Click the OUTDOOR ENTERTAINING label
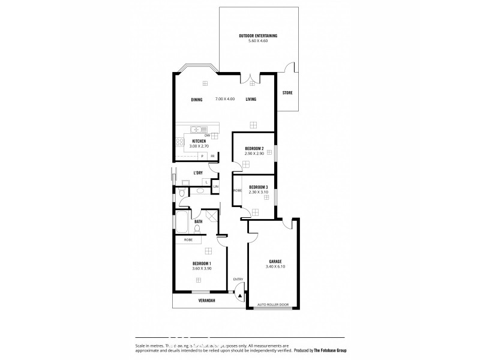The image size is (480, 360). tap(257, 36)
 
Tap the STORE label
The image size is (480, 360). tap(287, 93)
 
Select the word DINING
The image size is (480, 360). tap(196, 100)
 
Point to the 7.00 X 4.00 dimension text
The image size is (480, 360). tap(225, 99)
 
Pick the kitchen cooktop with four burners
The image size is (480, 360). tap(179, 143)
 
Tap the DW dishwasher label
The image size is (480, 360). tap(206, 136)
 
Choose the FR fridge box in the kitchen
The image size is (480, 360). tap(212, 156)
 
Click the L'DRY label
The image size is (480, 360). tap(197, 173)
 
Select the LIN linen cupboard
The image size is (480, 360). tap(216, 187)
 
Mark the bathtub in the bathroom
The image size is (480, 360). tap(181, 222)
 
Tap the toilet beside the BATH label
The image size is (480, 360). tap(197, 228)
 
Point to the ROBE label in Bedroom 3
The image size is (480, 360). tap(237, 190)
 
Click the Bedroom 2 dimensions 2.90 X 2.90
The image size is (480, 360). tap(254, 154)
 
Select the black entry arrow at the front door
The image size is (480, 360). tap(239, 295)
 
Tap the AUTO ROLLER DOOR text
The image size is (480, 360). tap(273, 305)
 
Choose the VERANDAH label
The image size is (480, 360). tap(206, 300)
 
